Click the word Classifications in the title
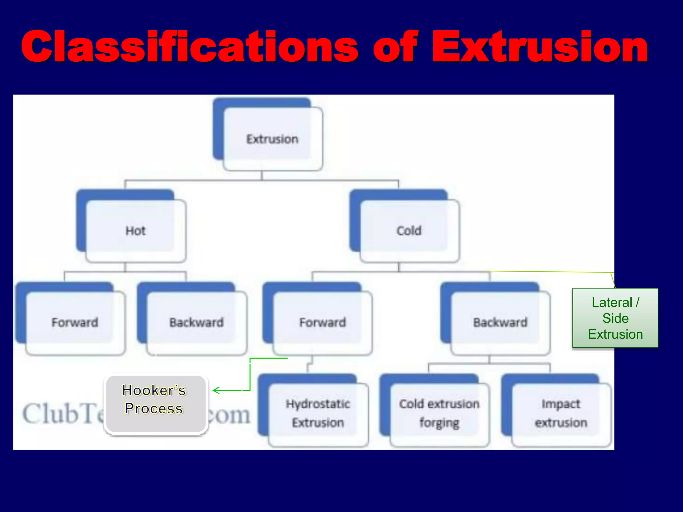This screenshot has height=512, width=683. click(190, 47)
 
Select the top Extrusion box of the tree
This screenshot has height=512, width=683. click(272, 139)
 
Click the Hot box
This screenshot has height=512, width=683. click(135, 231)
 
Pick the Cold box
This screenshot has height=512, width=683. click(409, 231)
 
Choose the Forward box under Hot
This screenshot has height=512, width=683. click(75, 322)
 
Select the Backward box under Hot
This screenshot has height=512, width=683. click(196, 322)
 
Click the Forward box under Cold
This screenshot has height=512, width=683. click(322, 322)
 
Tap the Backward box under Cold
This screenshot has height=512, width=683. click(500, 322)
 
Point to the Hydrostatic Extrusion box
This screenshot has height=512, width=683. click(318, 413)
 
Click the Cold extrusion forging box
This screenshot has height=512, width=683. click(439, 413)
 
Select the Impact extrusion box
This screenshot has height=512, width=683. click(561, 413)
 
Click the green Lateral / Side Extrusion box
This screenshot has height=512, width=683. click(615, 318)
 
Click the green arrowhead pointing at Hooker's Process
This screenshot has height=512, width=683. click(215, 390)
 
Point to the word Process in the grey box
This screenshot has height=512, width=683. click(154, 409)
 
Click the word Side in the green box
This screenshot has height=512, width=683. click(615, 318)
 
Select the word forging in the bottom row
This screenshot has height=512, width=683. click(439, 423)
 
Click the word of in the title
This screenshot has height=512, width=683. click(395, 47)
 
